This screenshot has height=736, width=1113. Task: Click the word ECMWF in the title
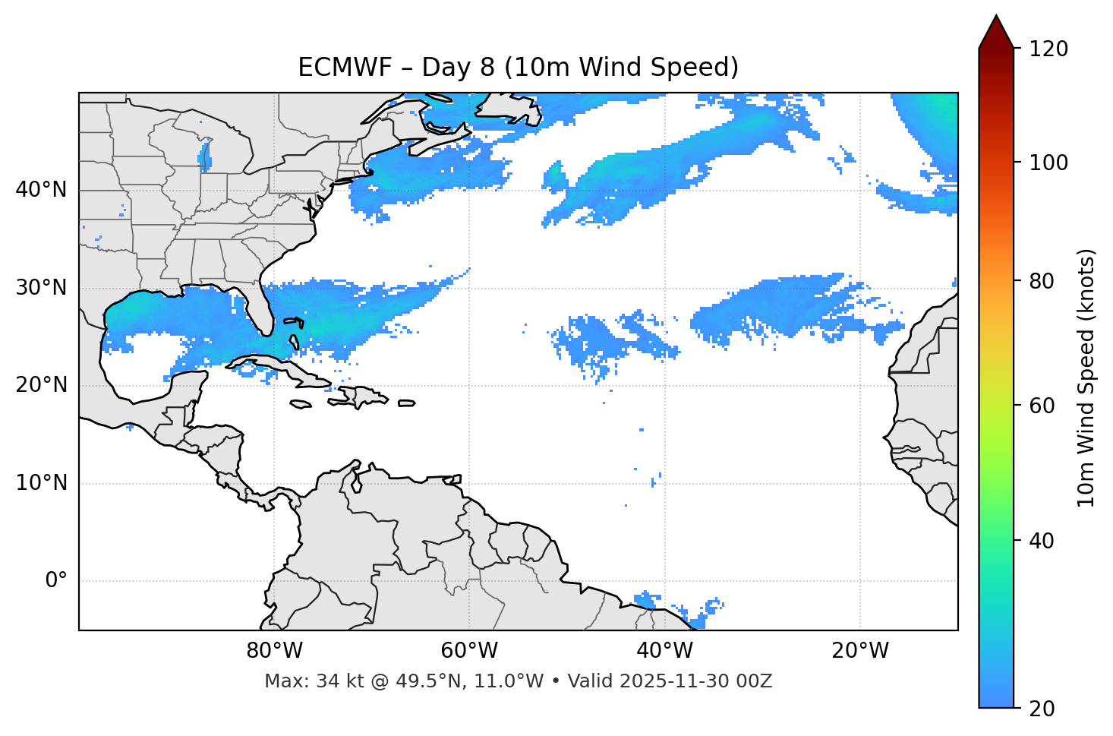coord(332,68)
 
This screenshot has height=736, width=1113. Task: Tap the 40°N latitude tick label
coord(41,190)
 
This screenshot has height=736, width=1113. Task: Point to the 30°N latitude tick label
coord(41,288)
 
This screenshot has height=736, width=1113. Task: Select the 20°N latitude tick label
coord(41,385)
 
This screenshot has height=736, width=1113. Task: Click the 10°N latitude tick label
coord(41,483)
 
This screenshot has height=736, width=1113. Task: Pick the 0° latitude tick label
coord(56,581)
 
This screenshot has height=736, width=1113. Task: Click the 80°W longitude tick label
coord(274,651)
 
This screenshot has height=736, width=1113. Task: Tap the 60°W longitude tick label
coord(469,651)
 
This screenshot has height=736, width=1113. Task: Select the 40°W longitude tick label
coord(664,651)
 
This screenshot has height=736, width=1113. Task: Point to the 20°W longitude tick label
coord(859,651)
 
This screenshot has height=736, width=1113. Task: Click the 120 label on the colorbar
coord(1048,49)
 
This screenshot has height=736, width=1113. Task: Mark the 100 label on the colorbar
coord(1048,163)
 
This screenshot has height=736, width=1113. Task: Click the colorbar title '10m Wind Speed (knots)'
coord(1086,378)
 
